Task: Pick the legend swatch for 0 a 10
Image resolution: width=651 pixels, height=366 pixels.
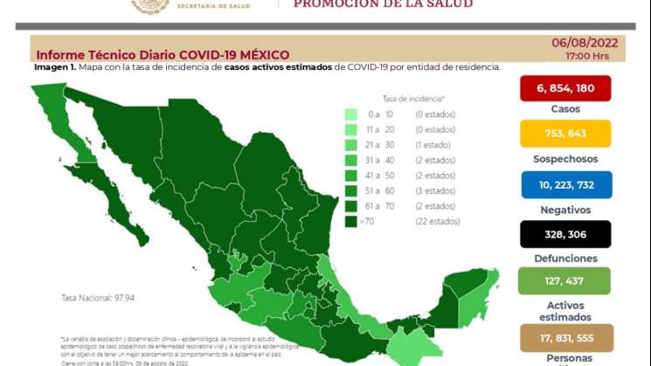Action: (350, 114)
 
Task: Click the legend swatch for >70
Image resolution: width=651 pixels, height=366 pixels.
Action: (350, 223)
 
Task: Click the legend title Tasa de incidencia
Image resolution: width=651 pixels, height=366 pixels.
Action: (412, 99)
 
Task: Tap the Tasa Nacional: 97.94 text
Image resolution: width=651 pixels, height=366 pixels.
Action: (95, 298)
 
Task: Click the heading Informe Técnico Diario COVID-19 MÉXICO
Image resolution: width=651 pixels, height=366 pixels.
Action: (163, 55)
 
